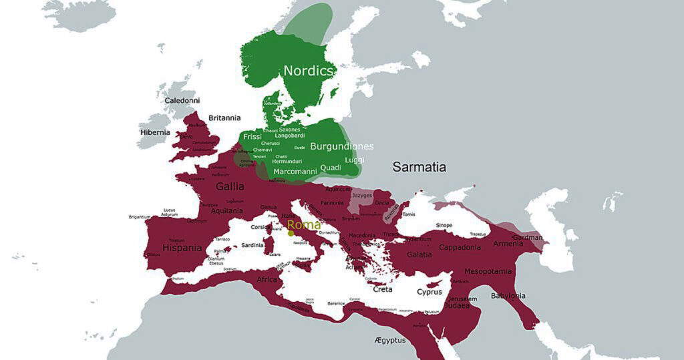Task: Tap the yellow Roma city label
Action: coord(304,225)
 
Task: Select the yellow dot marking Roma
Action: coord(291,233)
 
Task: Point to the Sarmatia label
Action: coord(419,167)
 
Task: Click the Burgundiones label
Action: coord(341,146)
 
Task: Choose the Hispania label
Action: coord(182,248)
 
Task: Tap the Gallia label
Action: coord(229,186)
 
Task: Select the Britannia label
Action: coord(224,118)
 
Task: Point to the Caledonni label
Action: coord(182,101)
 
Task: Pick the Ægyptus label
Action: coord(390,341)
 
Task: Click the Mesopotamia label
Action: coord(488,271)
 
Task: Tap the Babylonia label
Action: coord(508,296)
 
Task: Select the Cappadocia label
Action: coord(460,247)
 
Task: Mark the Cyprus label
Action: coord(430,292)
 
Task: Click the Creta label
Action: coord(382,289)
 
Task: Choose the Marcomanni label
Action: coord(295,172)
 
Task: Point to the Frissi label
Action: coord(252,136)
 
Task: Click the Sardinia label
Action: coord(252,245)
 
